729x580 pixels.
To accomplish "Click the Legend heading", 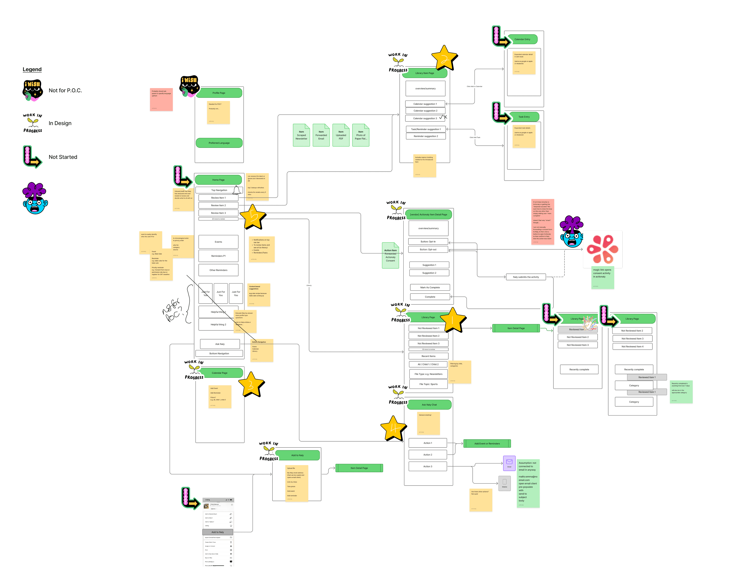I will pos(32,69).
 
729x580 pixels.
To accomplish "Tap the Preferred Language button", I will pos(219,143).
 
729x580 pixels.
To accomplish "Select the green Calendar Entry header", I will pos(522,39).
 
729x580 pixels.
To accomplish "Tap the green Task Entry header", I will pos(524,117).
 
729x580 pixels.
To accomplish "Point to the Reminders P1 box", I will pos(218,256).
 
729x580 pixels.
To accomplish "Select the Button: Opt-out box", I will pos(428,249).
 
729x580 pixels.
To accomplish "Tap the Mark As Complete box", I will pos(430,287).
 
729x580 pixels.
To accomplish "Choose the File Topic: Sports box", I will pos(428,384).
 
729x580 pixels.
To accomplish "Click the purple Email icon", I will pos(509,463).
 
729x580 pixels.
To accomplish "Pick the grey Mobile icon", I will pos(505,483).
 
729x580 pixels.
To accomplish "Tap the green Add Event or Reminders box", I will pos(487,444).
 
